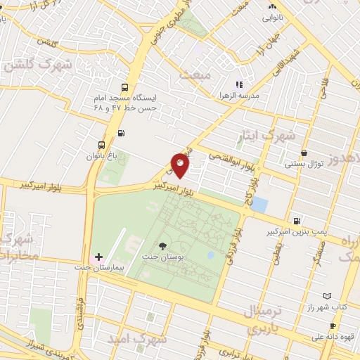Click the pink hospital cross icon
[x=99, y=257]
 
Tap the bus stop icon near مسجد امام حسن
[x=124, y=88]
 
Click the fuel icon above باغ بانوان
[x=122, y=133]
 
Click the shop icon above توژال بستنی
[x=304, y=153]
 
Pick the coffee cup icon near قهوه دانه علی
[x=333, y=326]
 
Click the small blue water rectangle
[x=259, y=205]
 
